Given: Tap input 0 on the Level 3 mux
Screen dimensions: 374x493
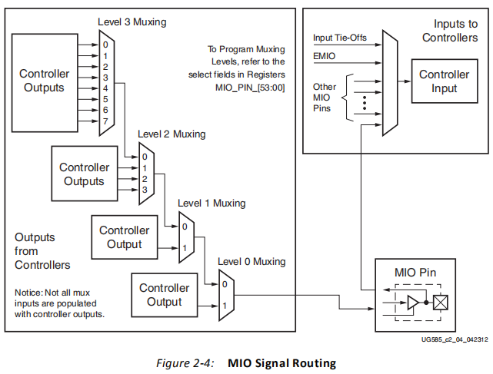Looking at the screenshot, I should [106, 44].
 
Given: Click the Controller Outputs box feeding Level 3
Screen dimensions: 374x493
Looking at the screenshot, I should [44, 81].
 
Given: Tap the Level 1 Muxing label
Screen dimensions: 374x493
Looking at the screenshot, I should [212, 204].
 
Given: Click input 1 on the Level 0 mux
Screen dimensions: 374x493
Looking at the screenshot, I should [224, 306].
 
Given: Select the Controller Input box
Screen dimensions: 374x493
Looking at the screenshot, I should [444, 81].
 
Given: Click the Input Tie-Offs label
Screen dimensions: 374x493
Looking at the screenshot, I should [338, 38].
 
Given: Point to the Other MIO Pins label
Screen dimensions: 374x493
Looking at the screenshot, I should [325, 98].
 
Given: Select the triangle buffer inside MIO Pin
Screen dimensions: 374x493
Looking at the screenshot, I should [414, 303].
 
